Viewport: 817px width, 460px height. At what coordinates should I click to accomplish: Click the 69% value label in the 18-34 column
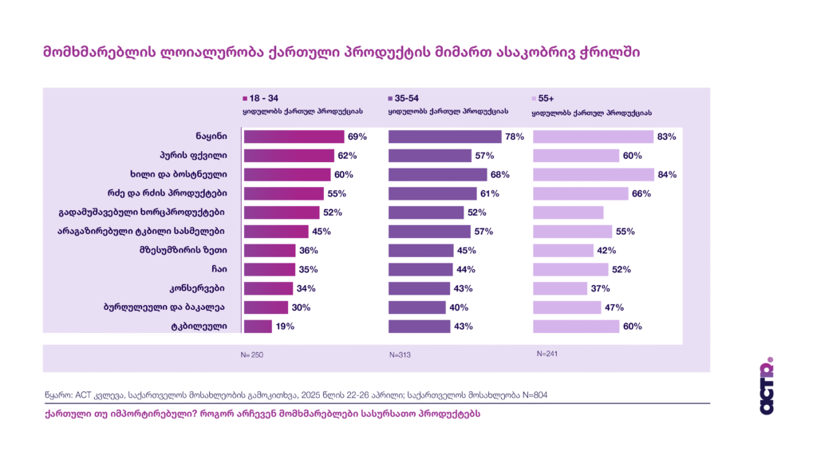[x=357, y=137]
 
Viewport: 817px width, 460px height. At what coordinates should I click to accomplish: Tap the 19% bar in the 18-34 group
[x=258, y=326]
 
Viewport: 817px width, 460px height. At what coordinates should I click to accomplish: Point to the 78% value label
[x=514, y=137]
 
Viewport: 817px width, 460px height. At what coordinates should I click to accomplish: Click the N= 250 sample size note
[x=252, y=354]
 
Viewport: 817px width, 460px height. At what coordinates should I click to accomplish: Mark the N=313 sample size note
[x=401, y=354]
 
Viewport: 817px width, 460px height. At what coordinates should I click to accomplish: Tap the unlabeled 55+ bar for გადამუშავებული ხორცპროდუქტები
[x=567, y=212]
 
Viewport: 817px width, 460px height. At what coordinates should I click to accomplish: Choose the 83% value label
[x=666, y=137]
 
